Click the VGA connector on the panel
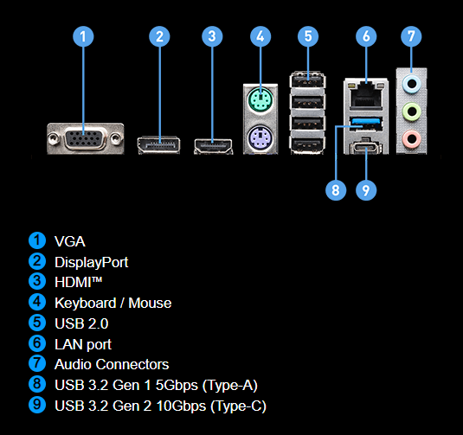point(86,138)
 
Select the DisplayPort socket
point(158,145)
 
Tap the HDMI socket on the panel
point(213,146)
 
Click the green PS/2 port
point(260,99)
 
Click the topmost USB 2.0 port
point(307,80)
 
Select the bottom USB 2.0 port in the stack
point(307,145)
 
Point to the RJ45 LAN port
point(365,95)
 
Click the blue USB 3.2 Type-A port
point(366,124)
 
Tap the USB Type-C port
point(366,148)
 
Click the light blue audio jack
point(411,84)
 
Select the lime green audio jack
point(411,112)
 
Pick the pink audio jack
point(411,138)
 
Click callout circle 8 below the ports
point(336,190)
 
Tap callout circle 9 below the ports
point(366,190)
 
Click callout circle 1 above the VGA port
point(83,36)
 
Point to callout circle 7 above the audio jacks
point(411,36)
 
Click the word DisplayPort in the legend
point(92,262)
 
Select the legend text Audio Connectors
point(112,364)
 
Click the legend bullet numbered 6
point(37,343)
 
